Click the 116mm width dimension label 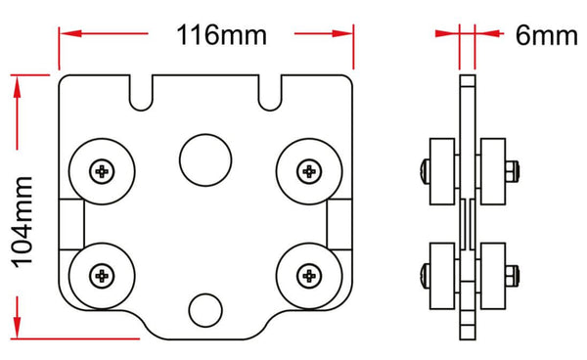pyautogui.click(x=221, y=35)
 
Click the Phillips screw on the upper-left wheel pyautogui.click(x=103, y=172)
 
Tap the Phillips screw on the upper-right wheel pyautogui.click(x=309, y=172)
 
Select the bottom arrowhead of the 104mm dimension pyautogui.click(x=18, y=324)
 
